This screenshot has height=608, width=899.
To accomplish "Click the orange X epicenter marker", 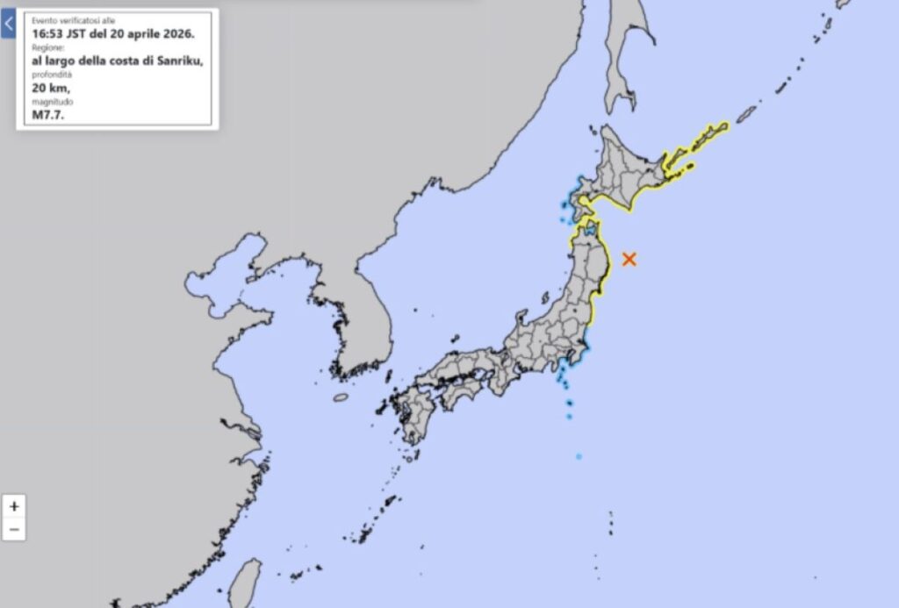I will [x=629, y=258].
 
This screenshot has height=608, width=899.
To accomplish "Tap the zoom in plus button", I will [x=13, y=506].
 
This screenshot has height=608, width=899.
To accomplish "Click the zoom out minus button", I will [x=13, y=529].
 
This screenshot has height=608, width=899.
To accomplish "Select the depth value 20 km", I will [x=50, y=88].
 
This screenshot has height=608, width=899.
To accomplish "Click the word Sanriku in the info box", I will [x=177, y=61].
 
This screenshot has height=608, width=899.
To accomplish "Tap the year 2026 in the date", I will [x=176, y=33].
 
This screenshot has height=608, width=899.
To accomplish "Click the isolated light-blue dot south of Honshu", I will [x=579, y=456].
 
